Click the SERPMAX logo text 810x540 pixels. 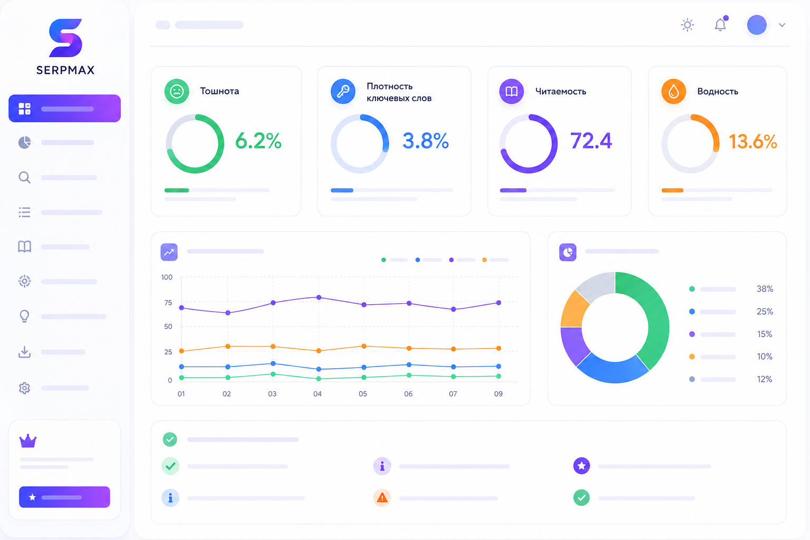pos(65,70)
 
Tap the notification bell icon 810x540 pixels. pos(720,24)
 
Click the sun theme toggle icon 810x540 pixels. pos(687,25)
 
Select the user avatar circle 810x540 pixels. pos(757,25)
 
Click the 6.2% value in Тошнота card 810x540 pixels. pos(258,141)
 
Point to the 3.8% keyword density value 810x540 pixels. pos(426,141)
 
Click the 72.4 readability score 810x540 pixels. pos(591,141)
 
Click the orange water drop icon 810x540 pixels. pos(673,92)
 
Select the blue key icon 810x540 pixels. pos(343,92)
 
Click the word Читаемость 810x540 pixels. pos(561,92)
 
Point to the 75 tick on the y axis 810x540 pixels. pos(168,303)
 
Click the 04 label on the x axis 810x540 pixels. pos(317,394)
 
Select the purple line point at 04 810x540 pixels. pos(319,297)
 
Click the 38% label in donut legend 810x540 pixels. pos(765,288)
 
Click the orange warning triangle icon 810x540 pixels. pos(382,498)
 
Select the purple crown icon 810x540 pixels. pos(28,441)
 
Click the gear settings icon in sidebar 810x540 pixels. pos(24,388)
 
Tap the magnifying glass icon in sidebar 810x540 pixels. pos(24,177)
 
